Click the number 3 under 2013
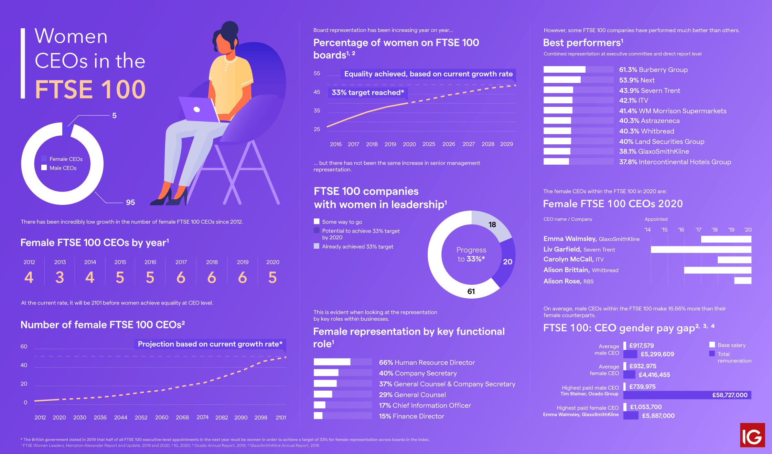[x=60, y=277]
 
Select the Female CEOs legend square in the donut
[x=44, y=159]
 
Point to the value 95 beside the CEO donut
[x=130, y=203]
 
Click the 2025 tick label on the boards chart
[x=429, y=144]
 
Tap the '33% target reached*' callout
[x=368, y=92]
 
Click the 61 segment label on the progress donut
[x=471, y=291]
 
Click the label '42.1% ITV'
[x=633, y=100]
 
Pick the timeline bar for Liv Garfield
[x=701, y=249]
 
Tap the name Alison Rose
[x=562, y=281]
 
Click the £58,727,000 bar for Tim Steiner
[x=687, y=395]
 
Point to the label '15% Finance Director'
[x=411, y=416]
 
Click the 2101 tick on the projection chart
[x=281, y=417]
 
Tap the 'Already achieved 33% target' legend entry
[x=357, y=246]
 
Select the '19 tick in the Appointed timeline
[x=731, y=230]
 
